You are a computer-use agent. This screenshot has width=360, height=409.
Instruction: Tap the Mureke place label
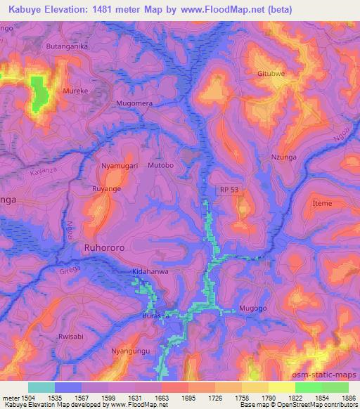[76, 91]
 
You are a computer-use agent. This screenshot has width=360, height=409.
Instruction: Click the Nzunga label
[284, 159]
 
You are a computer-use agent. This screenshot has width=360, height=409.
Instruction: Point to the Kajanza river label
[43, 170]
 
